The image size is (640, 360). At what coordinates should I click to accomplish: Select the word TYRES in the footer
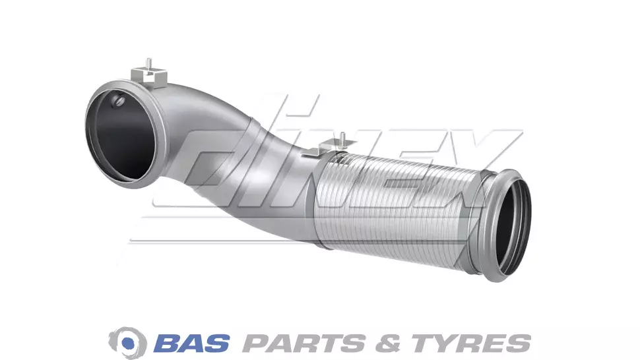(x=471, y=344)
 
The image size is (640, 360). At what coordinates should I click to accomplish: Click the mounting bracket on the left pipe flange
(x=149, y=77)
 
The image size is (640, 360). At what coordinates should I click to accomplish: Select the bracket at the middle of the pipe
(x=327, y=148)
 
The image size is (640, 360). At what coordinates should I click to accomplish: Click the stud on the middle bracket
(x=342, y=137)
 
